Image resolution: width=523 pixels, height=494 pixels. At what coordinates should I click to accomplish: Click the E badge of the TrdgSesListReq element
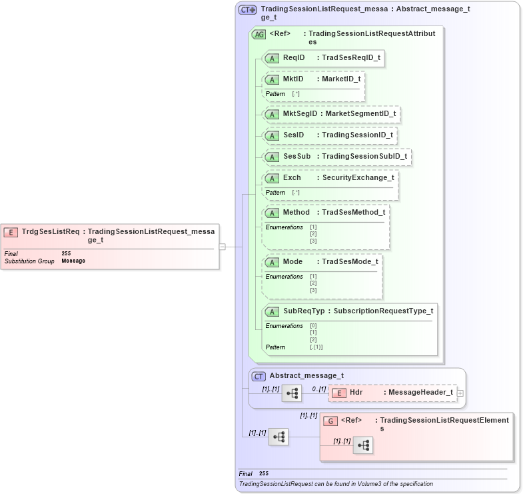point(11,232)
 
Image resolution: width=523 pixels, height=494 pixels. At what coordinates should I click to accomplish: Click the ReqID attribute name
point(293,58)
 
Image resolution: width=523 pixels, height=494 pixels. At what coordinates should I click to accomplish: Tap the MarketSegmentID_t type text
point(360,114)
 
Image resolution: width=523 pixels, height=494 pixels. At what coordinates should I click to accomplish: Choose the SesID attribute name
point(293,135)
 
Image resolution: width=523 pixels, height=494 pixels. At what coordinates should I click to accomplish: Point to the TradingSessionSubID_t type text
point(364,157)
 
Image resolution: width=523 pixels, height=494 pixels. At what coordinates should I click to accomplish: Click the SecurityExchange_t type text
point(358,178)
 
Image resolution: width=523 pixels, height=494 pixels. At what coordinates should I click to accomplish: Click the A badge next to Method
point(272,213)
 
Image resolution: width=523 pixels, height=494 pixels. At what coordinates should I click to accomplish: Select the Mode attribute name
point(292,261)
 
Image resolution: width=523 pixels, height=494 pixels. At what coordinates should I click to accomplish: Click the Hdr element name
point(356,393)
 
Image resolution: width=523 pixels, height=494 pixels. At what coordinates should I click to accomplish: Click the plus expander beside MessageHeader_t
point(460,393)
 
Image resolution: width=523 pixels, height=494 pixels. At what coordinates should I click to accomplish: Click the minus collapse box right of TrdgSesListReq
point(222,246)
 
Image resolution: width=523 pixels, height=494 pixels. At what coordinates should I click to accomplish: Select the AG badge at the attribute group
point(259,35)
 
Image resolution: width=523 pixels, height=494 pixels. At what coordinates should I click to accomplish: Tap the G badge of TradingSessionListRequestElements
point(330,421)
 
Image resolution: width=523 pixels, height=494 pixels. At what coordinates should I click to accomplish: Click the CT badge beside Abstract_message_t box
point(259,376)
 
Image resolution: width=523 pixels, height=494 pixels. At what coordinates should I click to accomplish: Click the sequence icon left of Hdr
point(292,393)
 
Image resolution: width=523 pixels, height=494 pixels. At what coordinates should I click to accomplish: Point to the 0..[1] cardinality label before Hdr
point(318,388)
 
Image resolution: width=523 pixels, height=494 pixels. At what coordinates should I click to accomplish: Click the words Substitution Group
point(29,261)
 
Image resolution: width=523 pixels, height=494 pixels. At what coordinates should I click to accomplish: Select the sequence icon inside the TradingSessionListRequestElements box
point(363,446)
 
